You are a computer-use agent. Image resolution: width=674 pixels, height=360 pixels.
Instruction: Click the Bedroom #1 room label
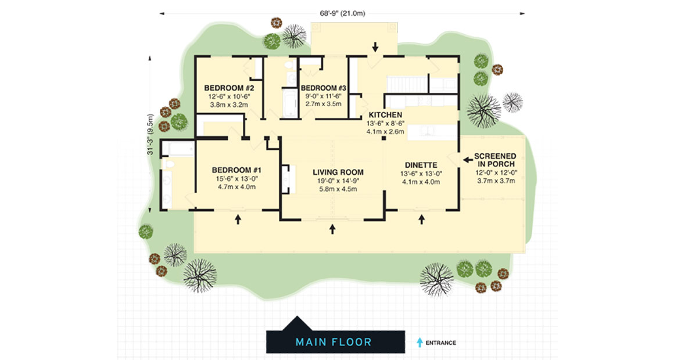point(236,170)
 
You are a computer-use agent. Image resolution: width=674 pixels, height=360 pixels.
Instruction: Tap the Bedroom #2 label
point(229,88)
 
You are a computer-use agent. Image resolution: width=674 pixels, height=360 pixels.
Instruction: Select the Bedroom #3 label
point(323,88)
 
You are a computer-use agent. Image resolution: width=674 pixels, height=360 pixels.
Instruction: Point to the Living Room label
point(338,172)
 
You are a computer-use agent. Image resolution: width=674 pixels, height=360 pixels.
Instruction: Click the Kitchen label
point(386,115)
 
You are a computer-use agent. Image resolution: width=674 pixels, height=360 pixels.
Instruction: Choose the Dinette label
point(421,165)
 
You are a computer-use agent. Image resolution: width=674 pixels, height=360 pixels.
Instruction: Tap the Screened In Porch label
point(495,160)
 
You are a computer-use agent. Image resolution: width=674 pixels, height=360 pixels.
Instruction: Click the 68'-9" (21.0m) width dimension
point(342,13)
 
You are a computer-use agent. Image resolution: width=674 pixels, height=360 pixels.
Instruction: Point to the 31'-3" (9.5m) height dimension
point(150,135)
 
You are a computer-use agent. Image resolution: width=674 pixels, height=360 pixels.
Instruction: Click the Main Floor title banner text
point(334,343)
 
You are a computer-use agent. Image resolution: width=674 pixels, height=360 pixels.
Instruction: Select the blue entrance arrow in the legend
point(420,343)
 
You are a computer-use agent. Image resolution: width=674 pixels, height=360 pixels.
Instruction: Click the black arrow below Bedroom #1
point(238,219)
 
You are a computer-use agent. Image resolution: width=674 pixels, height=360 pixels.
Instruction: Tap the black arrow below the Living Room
point(332,229)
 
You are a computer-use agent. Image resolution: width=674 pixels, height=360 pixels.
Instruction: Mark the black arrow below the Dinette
point(422,219)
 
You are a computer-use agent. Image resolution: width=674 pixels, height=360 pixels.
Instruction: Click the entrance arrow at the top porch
point(375,47)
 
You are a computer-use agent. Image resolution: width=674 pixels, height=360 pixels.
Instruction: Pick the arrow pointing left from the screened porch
point(468,160)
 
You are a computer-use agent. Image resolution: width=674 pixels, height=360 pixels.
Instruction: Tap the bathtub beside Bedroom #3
point(290,103)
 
